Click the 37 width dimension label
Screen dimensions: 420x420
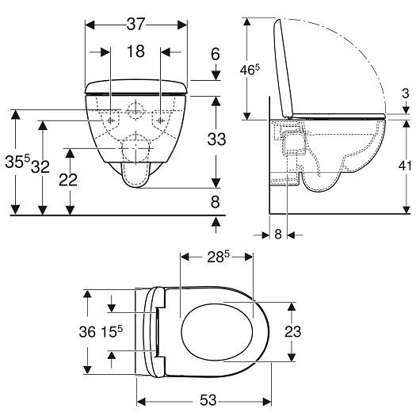(136, 25)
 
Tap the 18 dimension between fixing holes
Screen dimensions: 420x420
(136, 52)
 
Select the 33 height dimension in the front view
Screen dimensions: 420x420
(216, 139)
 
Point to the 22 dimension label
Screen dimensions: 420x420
(68, 180)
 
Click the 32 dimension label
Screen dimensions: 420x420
(40, 166)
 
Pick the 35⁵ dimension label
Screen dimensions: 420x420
(17, 161)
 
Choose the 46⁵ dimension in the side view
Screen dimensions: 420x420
(250, 70)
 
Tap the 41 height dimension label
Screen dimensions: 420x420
(405, 166)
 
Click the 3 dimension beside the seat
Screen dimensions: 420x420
(406, 94)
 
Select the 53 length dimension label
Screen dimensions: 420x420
(208, 400)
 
